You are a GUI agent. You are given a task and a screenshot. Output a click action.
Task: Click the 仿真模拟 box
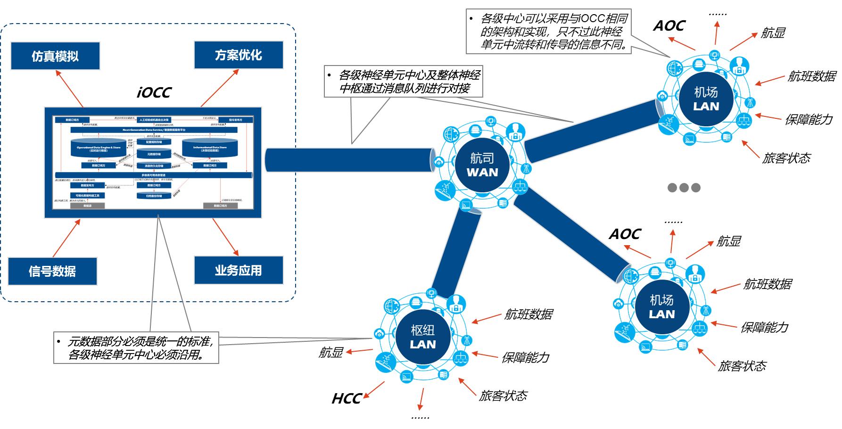tap(55, 56)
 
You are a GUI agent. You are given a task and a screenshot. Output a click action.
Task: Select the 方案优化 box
tap(238, 55)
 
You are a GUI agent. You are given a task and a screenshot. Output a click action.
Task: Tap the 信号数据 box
tap(52, 271)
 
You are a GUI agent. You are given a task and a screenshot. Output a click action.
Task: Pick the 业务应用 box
tap(238, 270)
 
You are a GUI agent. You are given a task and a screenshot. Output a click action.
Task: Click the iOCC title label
tap(154, 92)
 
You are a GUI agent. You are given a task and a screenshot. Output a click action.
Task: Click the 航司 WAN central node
tap(482, 165)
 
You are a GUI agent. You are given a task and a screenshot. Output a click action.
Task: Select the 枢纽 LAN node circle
tap(422, 337)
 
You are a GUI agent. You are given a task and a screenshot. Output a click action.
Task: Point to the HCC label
tap(347, 399)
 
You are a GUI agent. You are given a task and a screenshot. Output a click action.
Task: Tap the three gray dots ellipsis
tap(684, 188)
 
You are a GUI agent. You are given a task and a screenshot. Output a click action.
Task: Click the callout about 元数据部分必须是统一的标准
tap(136, 348)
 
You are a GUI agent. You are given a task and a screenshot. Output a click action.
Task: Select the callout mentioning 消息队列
tap(404, 82)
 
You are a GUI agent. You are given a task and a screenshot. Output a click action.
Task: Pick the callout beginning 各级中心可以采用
tap(549, 32)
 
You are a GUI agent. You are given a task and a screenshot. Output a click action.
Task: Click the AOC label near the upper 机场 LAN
tap(669, 26)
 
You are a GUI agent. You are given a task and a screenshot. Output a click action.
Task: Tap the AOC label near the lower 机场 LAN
tap(625, 234)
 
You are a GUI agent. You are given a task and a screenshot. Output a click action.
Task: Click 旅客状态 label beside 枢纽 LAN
tap(503, 396)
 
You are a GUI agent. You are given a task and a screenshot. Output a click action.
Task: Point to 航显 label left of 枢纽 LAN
tap(330, 353)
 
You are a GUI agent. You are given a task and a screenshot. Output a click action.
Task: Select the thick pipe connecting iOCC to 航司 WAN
tap(349, 160)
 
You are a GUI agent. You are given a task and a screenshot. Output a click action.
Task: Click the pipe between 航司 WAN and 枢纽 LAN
tap(455, 255)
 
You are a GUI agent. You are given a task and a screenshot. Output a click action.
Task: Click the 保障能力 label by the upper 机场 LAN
tap(809, 119)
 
